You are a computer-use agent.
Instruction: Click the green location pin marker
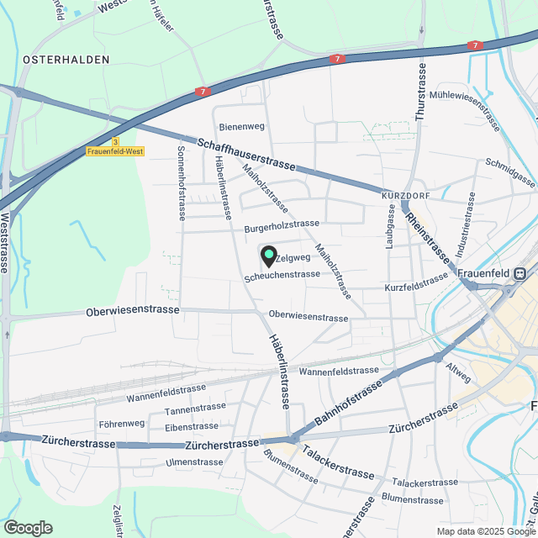click(x=269, y=256)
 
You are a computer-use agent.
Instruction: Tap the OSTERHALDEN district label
click(x=66, y=60)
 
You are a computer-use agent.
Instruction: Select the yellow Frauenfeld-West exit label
click(x=115, y=152)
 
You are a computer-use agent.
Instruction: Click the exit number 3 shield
click(x=116, y=142)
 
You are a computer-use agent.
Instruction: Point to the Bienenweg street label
click(x=241, y=127)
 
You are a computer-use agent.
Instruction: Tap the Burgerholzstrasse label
click(x=282, y=225)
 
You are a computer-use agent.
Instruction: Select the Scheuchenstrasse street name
click(x=282, y=275)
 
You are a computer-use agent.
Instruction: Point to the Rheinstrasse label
click(x=428, y=238)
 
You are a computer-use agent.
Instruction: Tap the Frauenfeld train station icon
click(x=520, y=273)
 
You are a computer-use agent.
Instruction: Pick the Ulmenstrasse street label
click(x=194, y=462)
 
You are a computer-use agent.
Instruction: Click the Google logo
click(x=28, y=528)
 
